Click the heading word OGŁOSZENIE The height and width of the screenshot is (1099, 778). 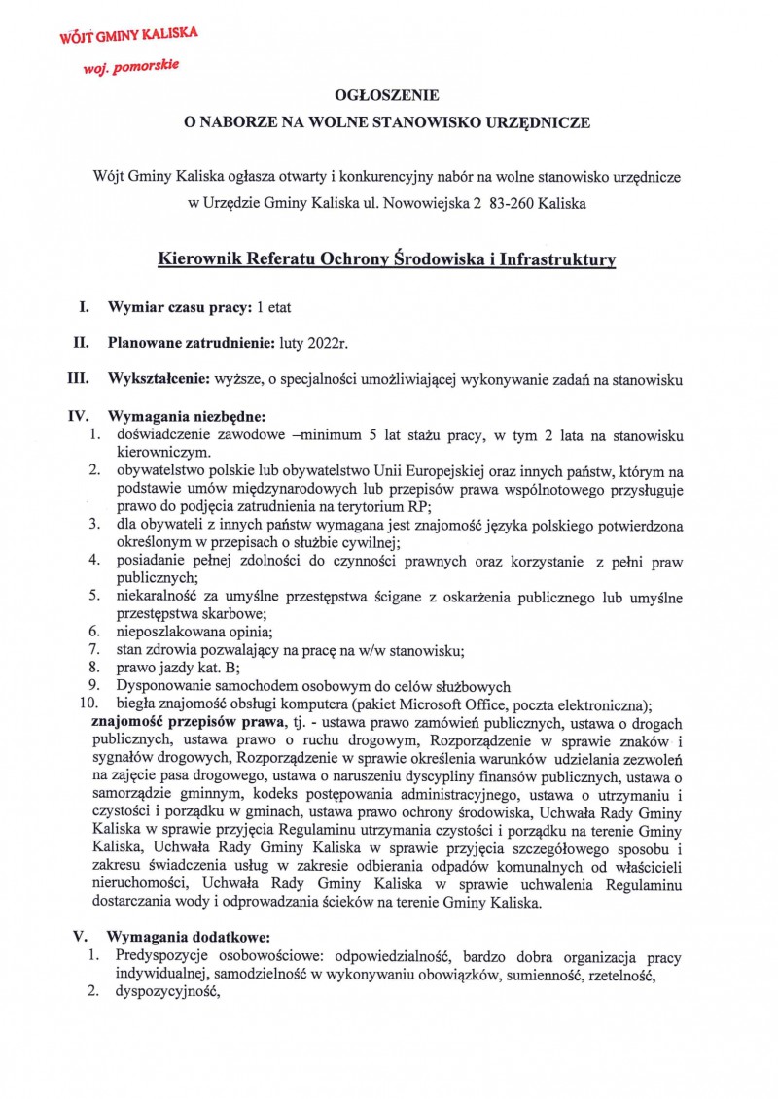point(387,95)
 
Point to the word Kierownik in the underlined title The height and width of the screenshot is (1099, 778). point(201,259)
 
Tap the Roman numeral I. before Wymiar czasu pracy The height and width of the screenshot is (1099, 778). point(85,307)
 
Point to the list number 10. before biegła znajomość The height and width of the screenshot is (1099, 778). point(90,704)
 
